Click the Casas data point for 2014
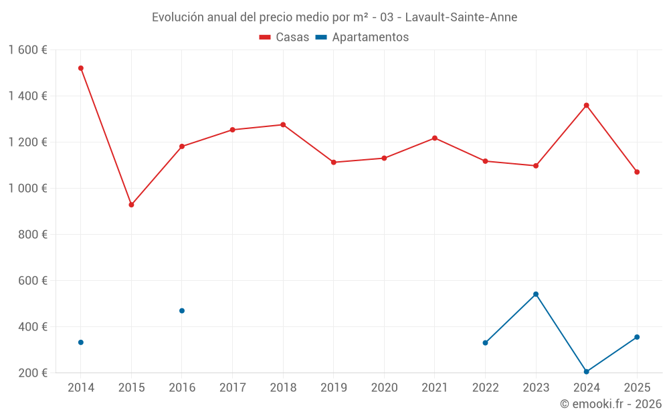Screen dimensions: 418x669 point(81,68)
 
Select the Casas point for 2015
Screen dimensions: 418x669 point(131,205)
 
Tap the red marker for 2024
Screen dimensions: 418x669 point(586,105)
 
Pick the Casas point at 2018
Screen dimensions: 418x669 point(283,124)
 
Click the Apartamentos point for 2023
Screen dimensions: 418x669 point(536,294)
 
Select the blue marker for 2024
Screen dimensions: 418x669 point(586,372)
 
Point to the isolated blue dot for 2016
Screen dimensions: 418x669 point(182,311)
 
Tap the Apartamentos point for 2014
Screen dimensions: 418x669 point(81,342)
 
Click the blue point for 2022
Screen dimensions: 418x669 point(485,343)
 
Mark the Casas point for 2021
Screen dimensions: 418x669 point(435,138)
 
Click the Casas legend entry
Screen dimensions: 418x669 point(284,37)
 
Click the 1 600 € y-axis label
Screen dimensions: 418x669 point(27,50)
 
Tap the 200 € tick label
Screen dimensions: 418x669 point(33,373)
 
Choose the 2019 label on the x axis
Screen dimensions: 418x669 point(333,388)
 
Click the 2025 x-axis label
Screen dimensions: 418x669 point(636,388)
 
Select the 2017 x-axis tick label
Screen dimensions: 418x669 point(232,388)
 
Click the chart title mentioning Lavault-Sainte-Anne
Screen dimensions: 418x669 point(334,17)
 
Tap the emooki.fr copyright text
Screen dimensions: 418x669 point(610,404)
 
